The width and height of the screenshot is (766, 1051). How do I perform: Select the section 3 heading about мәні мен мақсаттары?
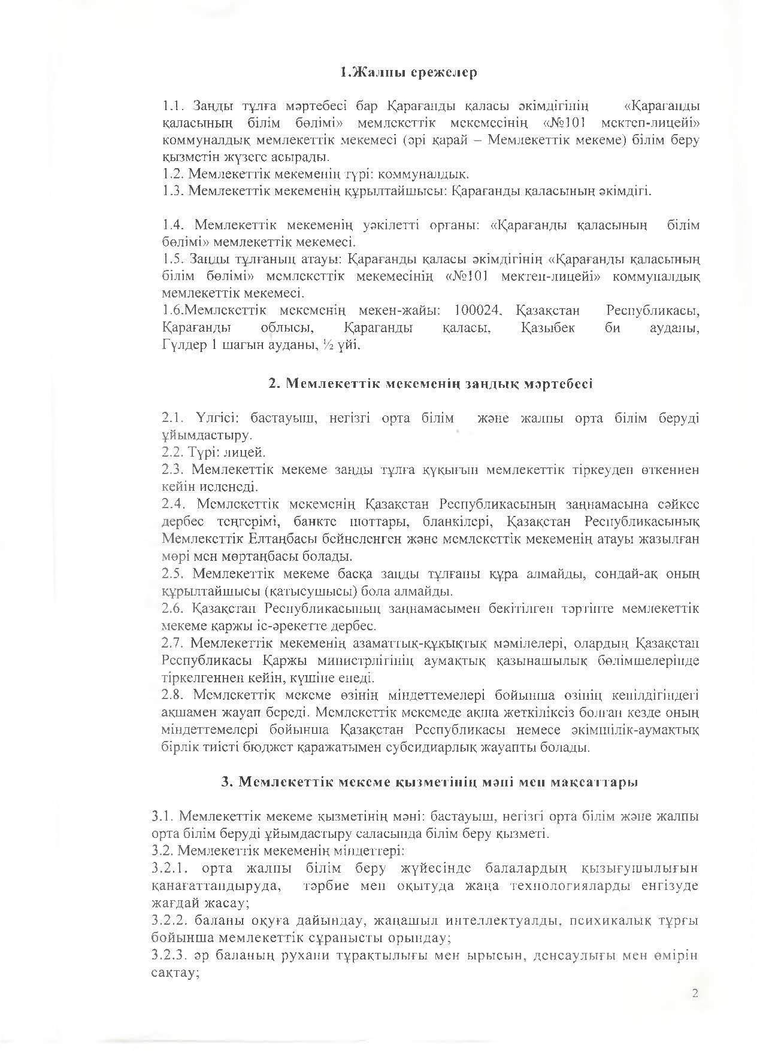[x=429, y=782]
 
